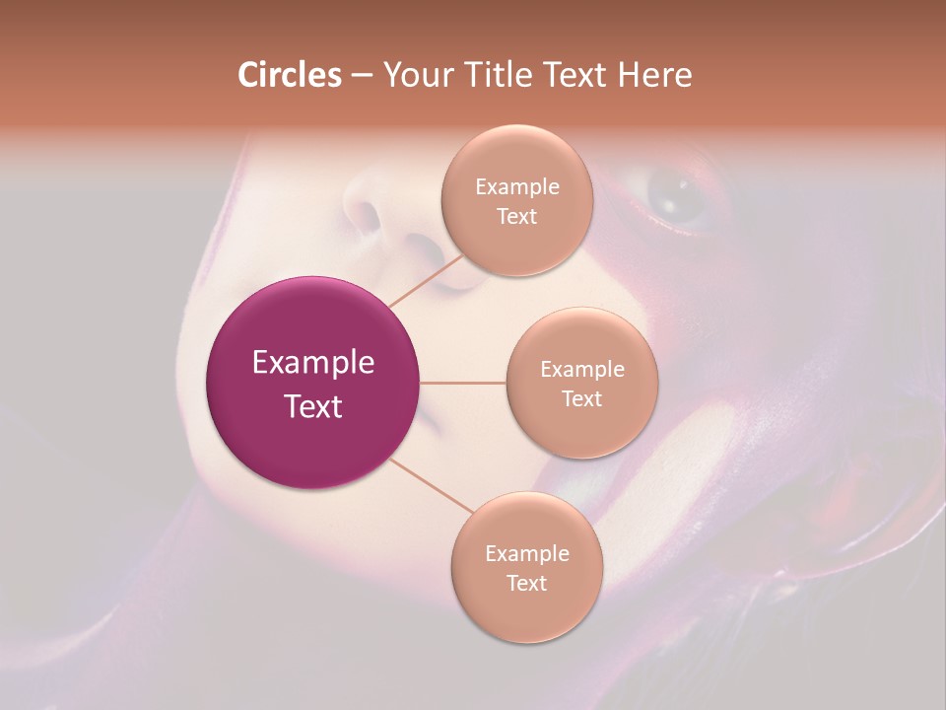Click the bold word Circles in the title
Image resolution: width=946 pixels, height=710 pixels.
290,75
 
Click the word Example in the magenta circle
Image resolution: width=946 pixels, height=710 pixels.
313,363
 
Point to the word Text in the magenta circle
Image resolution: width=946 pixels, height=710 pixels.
313,406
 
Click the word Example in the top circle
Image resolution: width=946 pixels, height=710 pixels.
517,187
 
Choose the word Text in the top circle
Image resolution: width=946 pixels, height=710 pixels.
516,217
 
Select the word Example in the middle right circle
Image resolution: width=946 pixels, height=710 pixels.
582,370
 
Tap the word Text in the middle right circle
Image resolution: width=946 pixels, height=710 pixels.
581,399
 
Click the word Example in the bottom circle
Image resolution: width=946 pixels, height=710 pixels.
527,554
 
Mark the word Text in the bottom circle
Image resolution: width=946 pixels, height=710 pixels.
526,584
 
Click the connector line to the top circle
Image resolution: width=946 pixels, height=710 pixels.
426,281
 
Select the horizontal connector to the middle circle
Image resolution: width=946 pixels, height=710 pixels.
463,383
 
